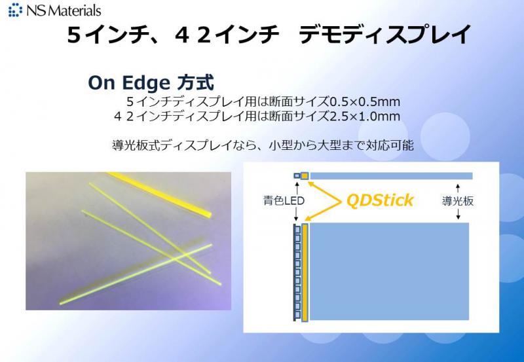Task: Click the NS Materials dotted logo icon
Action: [15, 10]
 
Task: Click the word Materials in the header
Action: [77, 10]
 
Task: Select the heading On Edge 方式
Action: [151, 82]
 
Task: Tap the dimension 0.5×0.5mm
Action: [365, 101]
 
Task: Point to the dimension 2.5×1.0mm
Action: [365, 117]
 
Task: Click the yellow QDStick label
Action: [380, 200]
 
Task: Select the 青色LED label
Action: [284, 201]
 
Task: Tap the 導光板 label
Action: [458, 201]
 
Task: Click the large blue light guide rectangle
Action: [389, 272]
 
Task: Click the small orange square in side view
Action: [304, 176]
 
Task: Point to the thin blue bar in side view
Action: [391, 176]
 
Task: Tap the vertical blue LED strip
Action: [297, 272]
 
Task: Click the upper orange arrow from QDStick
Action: [324, 191]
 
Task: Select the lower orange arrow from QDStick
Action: [323, 211]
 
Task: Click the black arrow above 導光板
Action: [458, 189]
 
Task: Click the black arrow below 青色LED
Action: [296, 214]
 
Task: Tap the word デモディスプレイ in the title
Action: [385, 35]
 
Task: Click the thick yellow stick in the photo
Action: [159, 194]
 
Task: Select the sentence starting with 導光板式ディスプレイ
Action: [263, 145]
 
